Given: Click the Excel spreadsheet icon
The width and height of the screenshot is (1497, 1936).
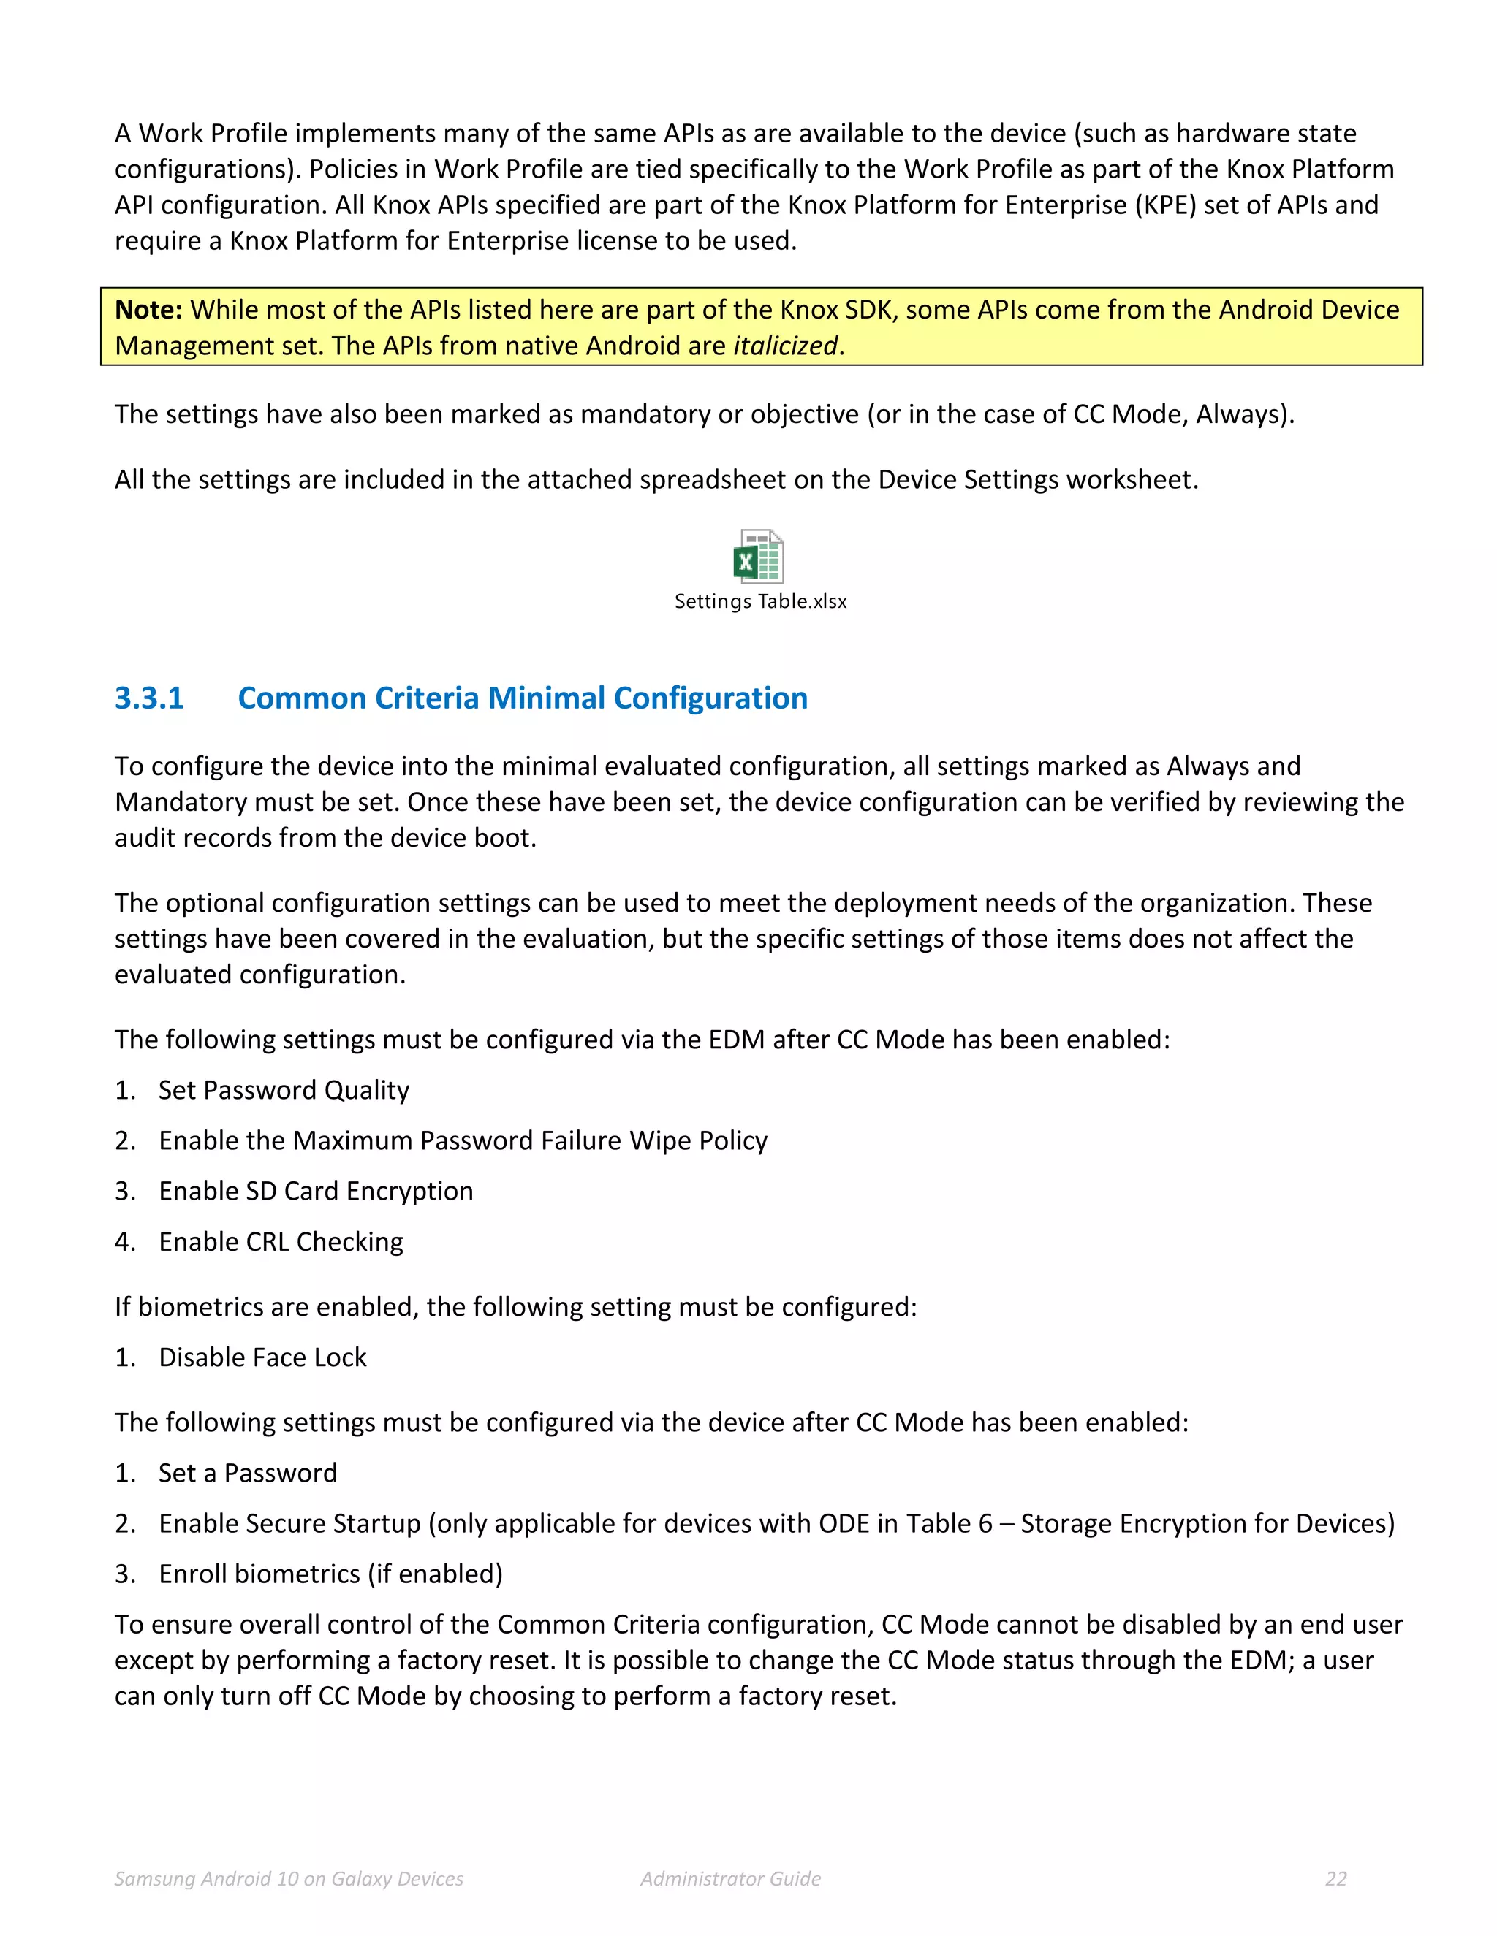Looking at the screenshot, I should click(x=758, y=556).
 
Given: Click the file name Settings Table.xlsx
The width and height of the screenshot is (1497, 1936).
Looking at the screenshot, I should click(x=760, y=601).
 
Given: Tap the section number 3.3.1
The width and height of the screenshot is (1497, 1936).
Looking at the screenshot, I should click(x=149, y=698).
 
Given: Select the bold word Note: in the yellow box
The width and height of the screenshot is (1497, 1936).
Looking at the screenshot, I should click(x=148, y=309).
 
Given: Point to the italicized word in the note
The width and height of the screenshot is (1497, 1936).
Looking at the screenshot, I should click(x=785, y=346).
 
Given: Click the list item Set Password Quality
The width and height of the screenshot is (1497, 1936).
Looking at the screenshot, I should click(x=284, y=1090).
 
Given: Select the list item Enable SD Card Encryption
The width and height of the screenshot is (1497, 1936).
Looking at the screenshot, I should click(x=316, y=1192).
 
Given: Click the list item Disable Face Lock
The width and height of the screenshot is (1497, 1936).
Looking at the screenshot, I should click(x=262, y=1357).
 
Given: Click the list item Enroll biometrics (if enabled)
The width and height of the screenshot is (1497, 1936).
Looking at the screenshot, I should click(x=331, y=1574).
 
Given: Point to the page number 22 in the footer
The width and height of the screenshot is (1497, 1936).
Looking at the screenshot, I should click(x=1335, y=1878).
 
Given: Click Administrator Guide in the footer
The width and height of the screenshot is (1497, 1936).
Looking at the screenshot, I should click(x=731, y=1878).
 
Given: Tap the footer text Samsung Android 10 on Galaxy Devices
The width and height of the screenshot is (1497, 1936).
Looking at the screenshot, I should click(x=289, y=1878).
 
